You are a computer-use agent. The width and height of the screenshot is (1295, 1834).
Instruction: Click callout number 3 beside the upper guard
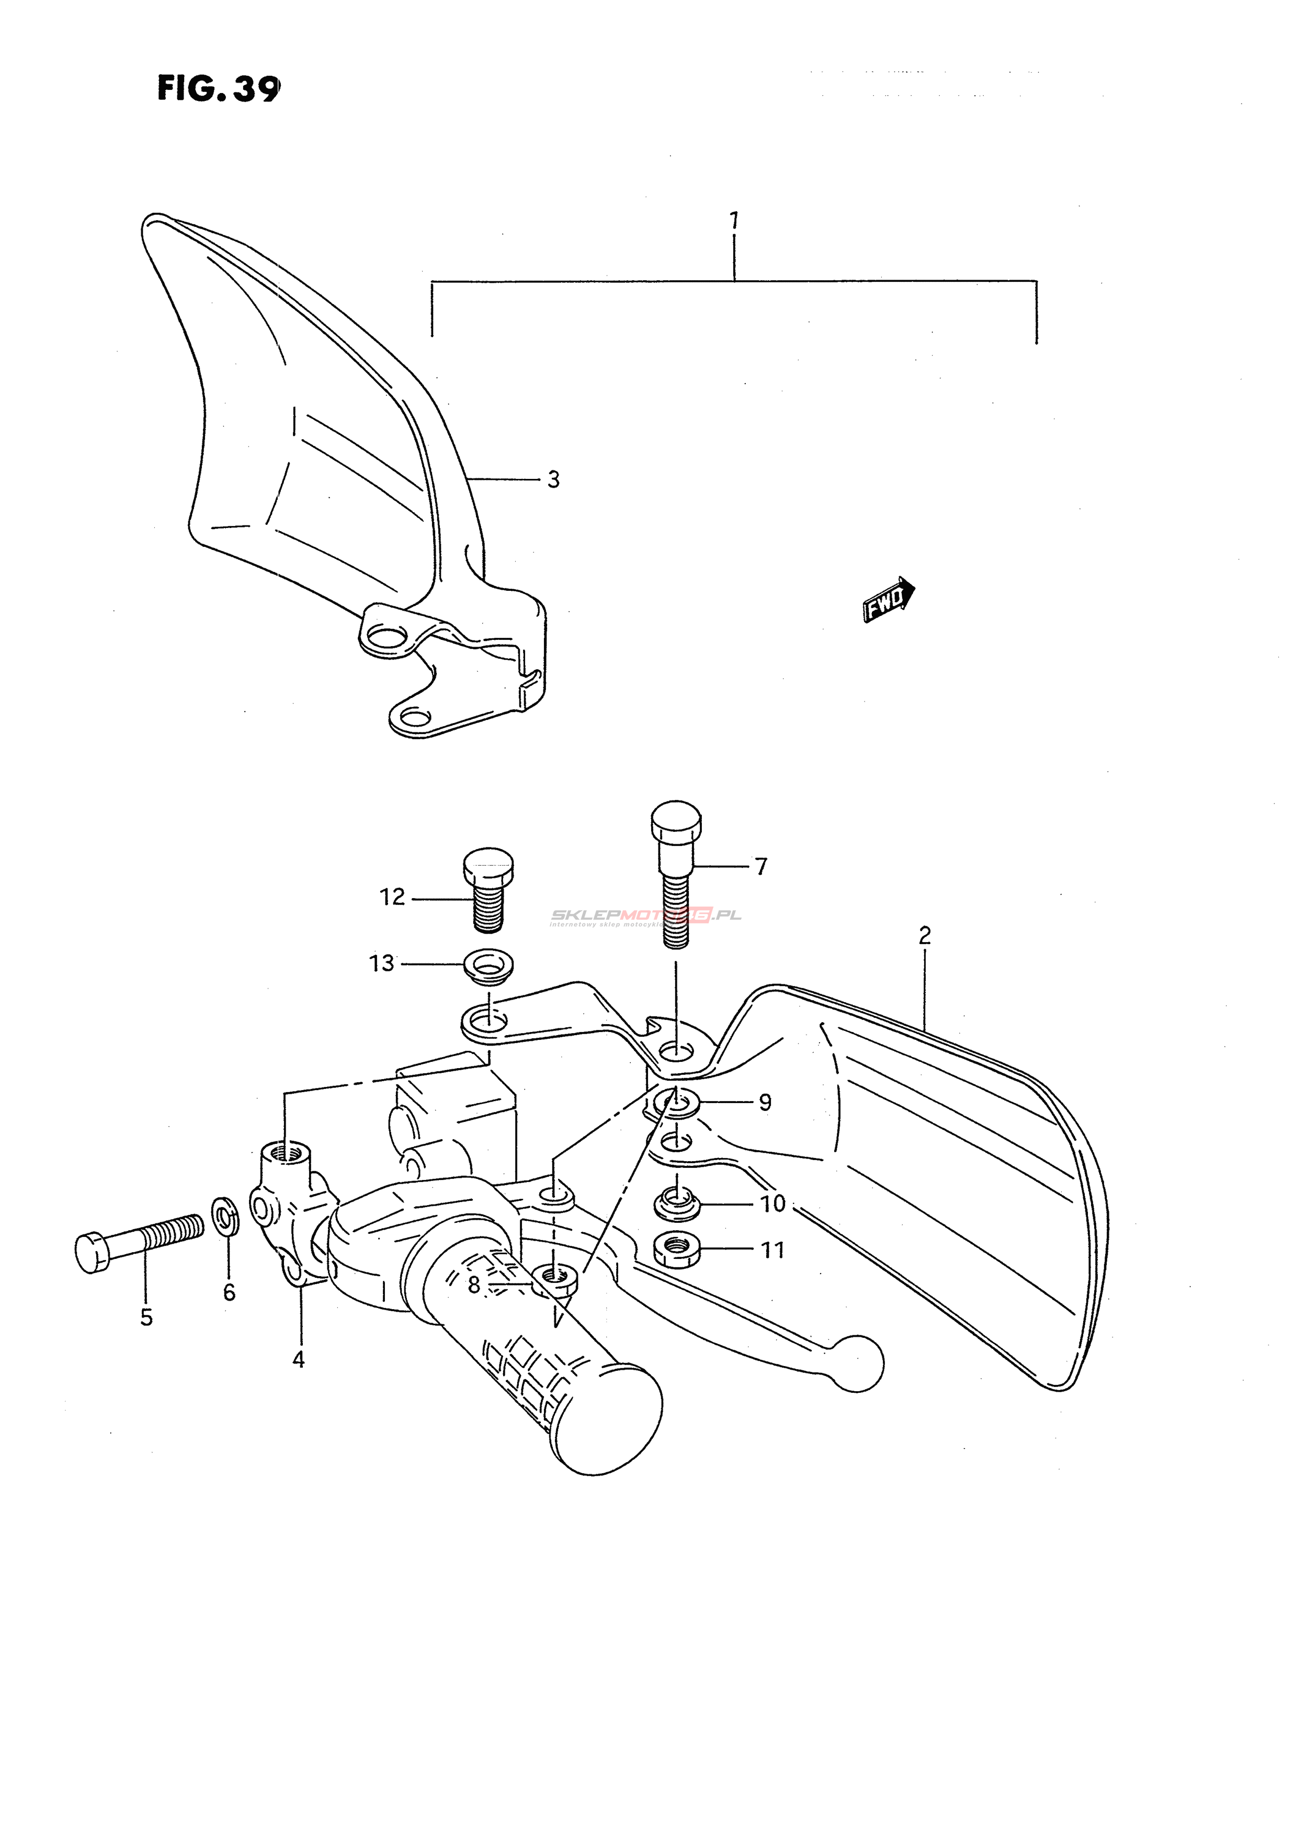coord(553,479)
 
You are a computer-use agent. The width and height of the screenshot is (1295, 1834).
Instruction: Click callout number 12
coord(392,897)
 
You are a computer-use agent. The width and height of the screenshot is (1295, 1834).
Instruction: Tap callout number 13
coord(382,964)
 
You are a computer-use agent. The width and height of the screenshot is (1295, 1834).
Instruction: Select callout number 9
coord(765,1102)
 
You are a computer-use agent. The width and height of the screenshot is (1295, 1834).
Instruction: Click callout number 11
coord(773,1250)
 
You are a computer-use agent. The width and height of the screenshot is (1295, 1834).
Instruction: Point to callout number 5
coord(146,1317)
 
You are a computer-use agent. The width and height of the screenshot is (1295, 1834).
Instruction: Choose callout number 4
coord(299,1359)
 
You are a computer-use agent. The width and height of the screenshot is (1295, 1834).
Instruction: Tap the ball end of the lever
coord(859,1363)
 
